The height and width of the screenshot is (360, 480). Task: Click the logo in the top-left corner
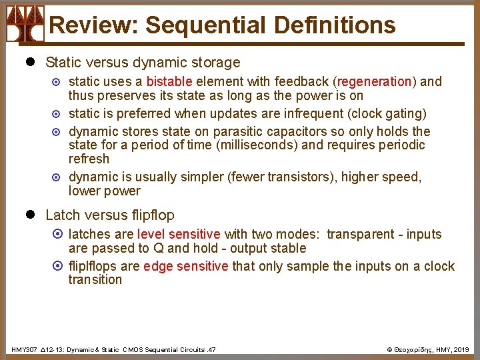[25, 23]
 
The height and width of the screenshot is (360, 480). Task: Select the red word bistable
[169, 81]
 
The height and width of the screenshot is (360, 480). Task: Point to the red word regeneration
[374, 81]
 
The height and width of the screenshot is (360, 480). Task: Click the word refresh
[89, 159]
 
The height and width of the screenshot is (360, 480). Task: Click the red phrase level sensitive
[179, 234]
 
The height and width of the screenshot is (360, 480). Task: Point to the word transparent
[361, 234]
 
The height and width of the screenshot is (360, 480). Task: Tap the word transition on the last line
[95, 279]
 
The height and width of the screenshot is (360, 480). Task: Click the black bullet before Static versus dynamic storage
[29, 63]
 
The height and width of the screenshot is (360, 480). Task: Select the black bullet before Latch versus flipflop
[29, 215]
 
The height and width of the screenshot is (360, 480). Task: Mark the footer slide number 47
[211, 349]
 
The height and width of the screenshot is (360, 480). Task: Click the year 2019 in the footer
[463, 349]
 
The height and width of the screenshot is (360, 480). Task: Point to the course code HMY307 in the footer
[24, 349]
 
